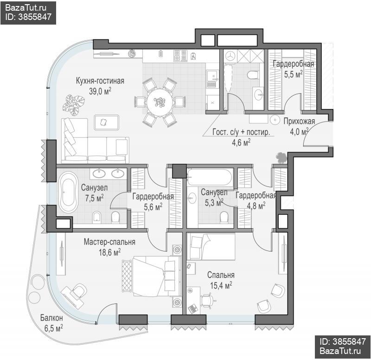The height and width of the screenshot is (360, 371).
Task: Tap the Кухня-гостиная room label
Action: [x=100, y=81]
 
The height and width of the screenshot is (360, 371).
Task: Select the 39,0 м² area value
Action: [x=100, y=91]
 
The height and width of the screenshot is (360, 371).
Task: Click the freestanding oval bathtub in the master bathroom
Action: [x=68, y=192]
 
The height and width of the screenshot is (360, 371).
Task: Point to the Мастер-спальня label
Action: [x=109, y=242]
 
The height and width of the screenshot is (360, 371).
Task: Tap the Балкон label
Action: [x=51, y=318]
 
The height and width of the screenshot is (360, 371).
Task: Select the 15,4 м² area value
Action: [x=221, y=285]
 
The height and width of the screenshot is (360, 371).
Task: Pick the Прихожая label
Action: [x=299, y=121]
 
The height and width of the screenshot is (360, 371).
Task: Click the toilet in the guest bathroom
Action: [x=252, y=75]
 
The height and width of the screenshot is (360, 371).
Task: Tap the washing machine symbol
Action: [x=230, y=56]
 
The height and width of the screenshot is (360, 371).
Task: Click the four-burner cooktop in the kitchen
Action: [x=180, y=56]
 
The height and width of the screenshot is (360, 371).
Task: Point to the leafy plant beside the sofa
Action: [x=74, y=105]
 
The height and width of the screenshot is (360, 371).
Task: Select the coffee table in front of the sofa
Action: [x=107, y=122]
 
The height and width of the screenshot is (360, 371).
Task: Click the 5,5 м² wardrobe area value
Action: [x=294, y=74]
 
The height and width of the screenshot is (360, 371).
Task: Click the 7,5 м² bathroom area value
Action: [x=95, y=198]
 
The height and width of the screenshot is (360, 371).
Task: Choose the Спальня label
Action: [x=221, y=275]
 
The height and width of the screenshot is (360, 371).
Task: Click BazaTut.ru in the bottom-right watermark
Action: [x=340, y=351]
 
